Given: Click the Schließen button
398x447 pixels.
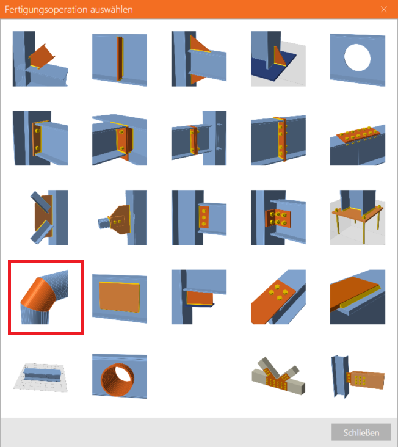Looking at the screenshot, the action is tap(361, 432).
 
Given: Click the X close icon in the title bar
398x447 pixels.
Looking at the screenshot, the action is tap(384, 9).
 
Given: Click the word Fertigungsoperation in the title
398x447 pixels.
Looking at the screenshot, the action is tap(46, 10).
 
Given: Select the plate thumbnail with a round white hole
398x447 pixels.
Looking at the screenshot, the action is tap(358, 59).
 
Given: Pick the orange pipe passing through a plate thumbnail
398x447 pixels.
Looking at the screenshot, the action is tap(120, 376).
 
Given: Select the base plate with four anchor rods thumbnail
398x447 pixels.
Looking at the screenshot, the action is tap(358, 217).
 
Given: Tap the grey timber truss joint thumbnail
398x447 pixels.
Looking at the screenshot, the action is tap(278, 376).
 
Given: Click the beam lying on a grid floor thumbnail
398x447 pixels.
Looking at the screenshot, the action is tap(40, 377).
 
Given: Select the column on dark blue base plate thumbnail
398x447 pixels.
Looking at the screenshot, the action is tap(278, 59).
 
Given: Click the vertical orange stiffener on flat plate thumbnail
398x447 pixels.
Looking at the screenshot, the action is tap(120, 59).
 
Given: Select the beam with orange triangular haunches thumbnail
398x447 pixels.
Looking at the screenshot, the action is tap(199, 59).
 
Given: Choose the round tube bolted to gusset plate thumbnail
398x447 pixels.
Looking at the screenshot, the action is tap(123, 217).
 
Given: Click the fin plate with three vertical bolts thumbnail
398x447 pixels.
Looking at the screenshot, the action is tap(199, 217).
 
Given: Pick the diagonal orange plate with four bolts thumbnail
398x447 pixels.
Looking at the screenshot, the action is tap(278, 297).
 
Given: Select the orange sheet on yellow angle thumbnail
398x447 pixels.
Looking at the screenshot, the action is tap(358, 297).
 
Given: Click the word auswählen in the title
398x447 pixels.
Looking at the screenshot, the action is tap(112, 10).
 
